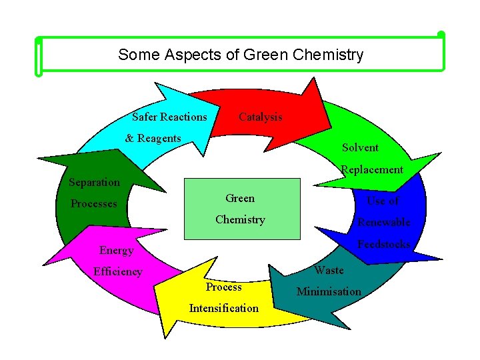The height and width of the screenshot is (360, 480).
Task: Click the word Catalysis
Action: pos(260,117)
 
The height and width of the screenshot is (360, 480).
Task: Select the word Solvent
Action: pos(360,147)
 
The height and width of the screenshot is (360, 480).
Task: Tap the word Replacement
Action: pos(372,169)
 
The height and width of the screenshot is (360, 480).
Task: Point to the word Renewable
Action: pos(383,222)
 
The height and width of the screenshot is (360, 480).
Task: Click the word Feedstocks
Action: pos(383,244)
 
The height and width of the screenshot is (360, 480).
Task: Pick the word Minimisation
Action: pos(329,291)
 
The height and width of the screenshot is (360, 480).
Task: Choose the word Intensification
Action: pos(223,308)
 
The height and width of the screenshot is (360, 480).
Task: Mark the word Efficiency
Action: pos(117,271)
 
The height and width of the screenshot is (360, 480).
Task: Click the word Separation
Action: pos(95,182)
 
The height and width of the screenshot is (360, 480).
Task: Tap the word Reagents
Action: pos(159,138)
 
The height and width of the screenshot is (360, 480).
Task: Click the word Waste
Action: pos(329,270)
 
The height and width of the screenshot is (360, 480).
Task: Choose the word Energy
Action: pos(116,250)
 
